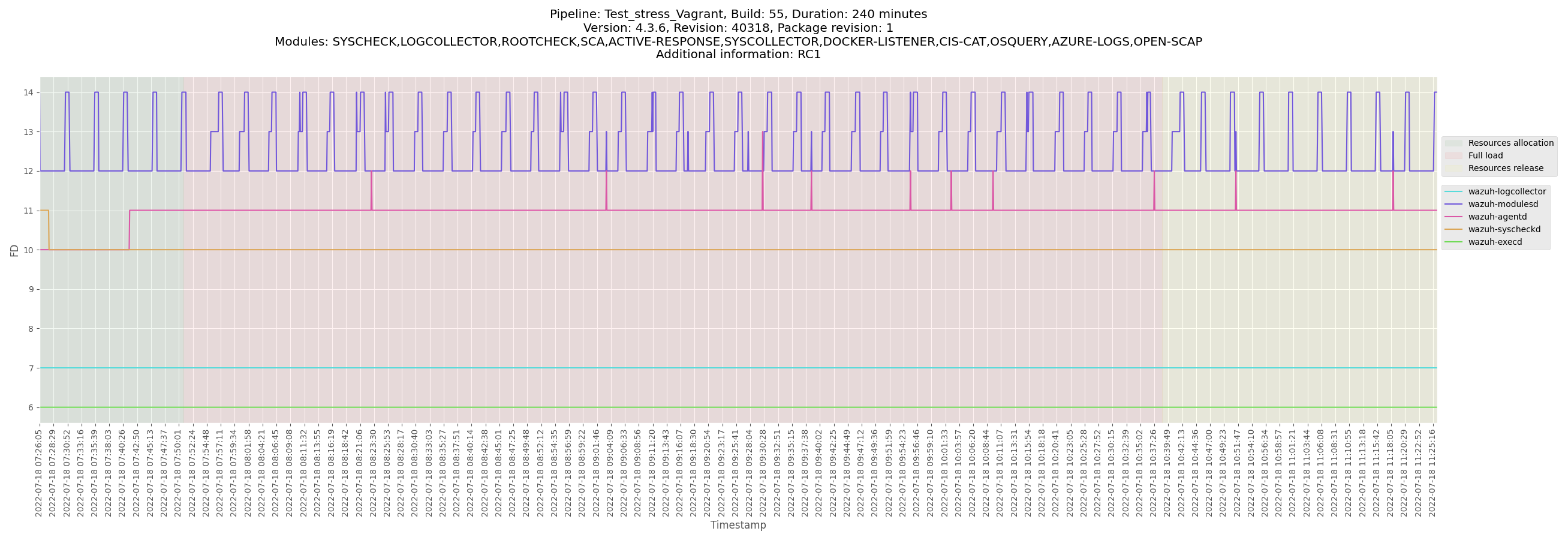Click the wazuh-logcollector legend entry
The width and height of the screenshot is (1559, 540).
[1506, 191]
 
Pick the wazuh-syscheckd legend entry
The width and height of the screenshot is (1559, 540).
[1504, 229]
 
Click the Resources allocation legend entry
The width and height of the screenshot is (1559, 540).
[1510, 143]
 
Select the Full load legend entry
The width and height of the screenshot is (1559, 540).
[1485, 155]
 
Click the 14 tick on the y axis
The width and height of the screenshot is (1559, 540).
[28, 92]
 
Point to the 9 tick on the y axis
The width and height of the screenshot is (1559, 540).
[30, 289]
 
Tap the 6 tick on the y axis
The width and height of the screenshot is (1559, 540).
[30, 407]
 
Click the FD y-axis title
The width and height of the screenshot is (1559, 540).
[14, 250]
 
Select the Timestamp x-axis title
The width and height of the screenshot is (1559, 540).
[738, 525]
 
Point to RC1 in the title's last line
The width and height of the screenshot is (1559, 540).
[809, 55]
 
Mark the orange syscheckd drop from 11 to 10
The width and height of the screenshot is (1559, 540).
[49, 230]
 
